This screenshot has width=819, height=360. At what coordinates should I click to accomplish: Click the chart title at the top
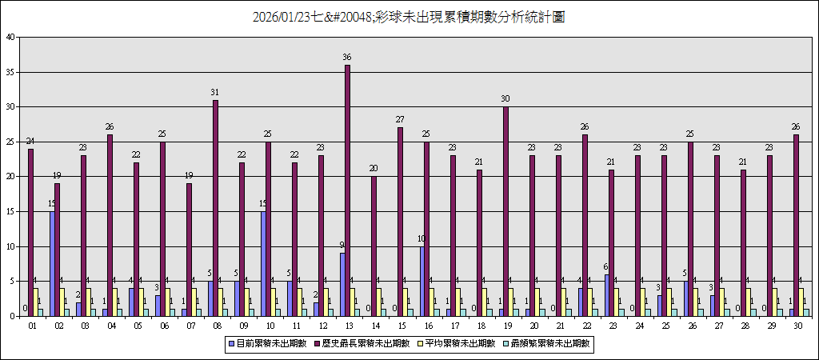coord(409,17)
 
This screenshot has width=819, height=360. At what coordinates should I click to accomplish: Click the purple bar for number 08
coord(215,208)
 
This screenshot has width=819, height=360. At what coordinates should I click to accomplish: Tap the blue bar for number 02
coord(52,264)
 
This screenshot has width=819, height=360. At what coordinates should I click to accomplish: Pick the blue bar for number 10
coord(263,264)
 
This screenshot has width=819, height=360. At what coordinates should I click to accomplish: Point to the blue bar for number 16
coord(421,282)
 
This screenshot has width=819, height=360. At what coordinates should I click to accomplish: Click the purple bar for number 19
coord(505,211)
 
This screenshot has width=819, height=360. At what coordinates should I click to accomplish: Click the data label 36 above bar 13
coord(347,58)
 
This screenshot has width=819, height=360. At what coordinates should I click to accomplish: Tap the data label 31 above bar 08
coord(215,93)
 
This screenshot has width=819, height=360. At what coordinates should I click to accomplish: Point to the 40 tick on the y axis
coord(10,37)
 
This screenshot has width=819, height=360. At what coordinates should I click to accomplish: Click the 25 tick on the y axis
coord(10,142)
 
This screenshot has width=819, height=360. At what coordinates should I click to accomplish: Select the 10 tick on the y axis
coord(10,246)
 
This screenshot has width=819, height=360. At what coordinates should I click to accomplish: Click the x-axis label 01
coord(32,326)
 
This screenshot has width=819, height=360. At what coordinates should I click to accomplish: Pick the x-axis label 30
coord(797,326)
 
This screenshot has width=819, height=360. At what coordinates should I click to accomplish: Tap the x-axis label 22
coord(585,326)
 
